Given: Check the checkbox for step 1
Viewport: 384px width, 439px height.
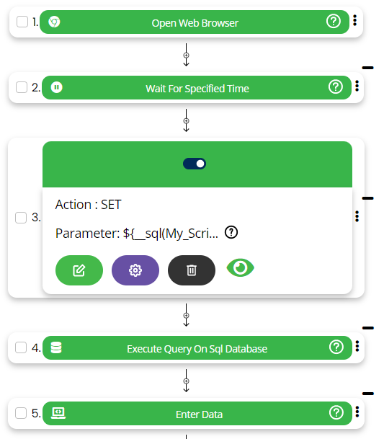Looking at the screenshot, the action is point(22,22).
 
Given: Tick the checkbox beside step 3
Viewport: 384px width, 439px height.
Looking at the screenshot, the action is point(21,218).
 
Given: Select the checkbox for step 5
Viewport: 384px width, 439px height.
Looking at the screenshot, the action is point(21,413).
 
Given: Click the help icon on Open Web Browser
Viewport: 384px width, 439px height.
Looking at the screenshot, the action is point(334,22).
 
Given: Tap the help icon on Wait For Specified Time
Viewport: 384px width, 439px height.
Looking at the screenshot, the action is point(336,87).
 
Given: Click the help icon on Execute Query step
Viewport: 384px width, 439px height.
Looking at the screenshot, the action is point(336,347).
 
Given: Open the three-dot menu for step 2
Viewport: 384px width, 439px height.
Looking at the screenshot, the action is point(357,86).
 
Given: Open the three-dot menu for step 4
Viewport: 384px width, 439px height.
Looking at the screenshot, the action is point(357,346).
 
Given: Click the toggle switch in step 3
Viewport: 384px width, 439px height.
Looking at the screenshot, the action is point(195,164).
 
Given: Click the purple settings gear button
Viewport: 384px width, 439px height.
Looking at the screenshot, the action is point(135,270).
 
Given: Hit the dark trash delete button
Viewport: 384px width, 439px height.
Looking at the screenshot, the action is point(192,270).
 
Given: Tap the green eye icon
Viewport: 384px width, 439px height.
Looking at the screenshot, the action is point(241,268).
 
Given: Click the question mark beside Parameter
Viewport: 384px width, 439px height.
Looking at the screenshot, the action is point(231,232).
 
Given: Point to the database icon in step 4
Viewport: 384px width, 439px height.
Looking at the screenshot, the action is point(56,347).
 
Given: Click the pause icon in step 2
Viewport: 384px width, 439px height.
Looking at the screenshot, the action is point(56,87).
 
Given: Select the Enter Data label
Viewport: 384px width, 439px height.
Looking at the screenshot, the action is point(199,414).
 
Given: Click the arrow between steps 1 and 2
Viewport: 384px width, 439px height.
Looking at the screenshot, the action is point(186,55).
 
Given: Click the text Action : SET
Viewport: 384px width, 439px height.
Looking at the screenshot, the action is point(88,205).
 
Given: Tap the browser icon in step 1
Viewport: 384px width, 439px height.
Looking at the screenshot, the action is point(54,22).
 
